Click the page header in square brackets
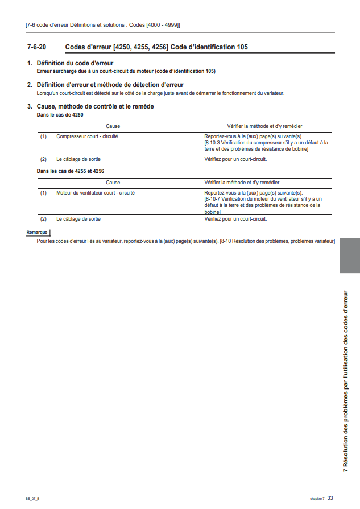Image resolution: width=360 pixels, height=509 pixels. [x=103, y=25]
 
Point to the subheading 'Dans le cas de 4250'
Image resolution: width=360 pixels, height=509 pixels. [x=60, y=114]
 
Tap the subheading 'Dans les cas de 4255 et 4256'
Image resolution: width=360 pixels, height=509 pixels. [x=70, y=171]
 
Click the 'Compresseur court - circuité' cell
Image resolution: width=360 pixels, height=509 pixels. [x=87, y=136]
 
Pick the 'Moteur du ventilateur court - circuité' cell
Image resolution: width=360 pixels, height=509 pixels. [x=95, y=193]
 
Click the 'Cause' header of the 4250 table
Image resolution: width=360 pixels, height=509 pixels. [x=113, y=126]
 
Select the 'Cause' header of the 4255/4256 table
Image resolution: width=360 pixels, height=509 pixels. [x=113, y=183]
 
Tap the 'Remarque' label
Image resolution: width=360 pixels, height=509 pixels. [x=37, y=233]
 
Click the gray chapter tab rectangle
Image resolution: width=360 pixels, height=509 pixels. [x=349, y=255]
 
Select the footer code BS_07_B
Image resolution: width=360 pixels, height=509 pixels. [x=32, y=498]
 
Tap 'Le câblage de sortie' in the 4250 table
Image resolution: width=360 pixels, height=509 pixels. [x=78, y=160]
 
